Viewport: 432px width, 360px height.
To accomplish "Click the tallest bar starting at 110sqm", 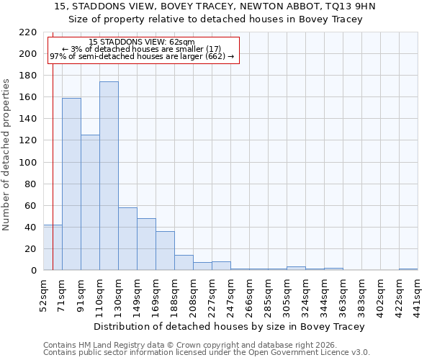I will tap(109, 176).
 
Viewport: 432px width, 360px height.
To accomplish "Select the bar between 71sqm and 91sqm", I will tap(71, 184).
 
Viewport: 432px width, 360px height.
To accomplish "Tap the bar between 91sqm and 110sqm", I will tap(90, 202).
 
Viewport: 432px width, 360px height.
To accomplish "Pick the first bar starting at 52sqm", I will tap(53, 248).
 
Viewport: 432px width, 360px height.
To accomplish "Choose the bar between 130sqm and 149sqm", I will tap(127, 239).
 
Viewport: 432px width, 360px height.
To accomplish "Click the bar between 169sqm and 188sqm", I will tap(165, 251).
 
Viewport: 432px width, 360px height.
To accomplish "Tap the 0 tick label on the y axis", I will tap(33, 271).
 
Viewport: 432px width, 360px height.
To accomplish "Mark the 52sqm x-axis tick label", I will tap(44, 295).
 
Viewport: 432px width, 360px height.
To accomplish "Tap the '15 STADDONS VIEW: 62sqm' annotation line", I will tap(142, 42).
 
